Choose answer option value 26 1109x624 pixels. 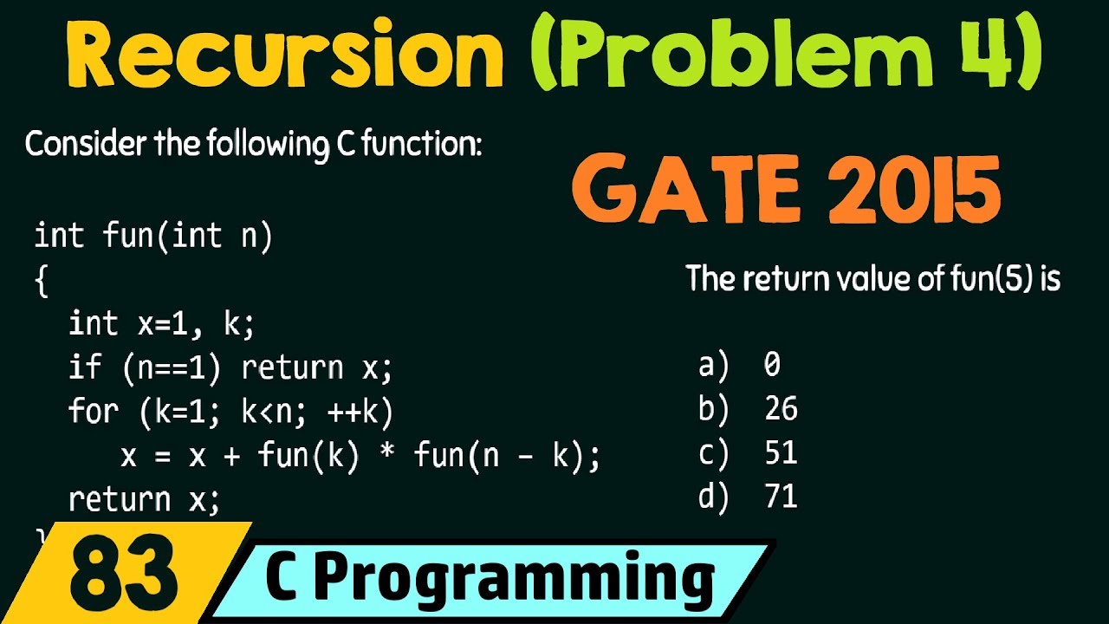click(781, 409)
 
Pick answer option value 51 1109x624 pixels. click(781, 453)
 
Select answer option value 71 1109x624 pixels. click(781, 497)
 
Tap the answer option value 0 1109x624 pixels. click(772, 365)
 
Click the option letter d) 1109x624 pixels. click(713, 497)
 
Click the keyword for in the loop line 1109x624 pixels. click(93, 412)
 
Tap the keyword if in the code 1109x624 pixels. click(85, 368)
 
